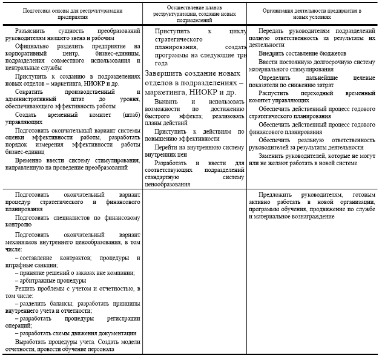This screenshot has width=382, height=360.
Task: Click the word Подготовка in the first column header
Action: [x=38, y=10]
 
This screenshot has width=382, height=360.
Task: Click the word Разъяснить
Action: [x=33, y=30]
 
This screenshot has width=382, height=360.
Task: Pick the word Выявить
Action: [x=166, y=101]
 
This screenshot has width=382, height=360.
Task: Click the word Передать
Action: [x=271, y=30]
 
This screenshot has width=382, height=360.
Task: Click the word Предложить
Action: [x=275, y=194]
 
